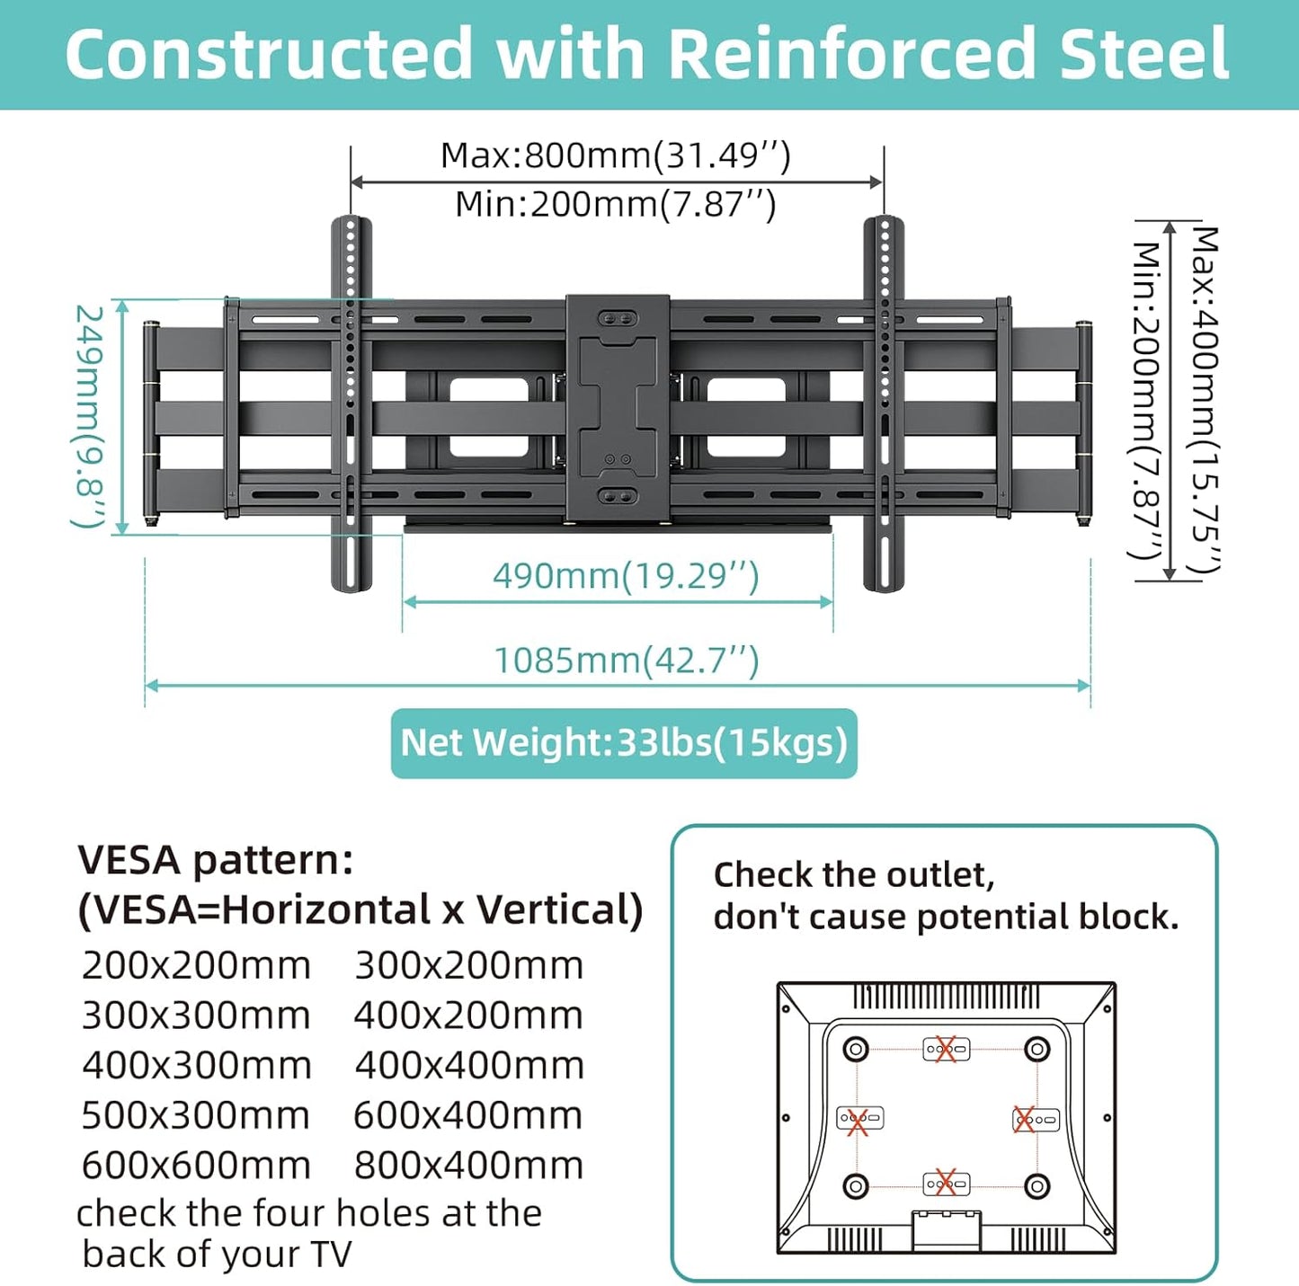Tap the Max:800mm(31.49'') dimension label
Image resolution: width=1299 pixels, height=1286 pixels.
(615, 155)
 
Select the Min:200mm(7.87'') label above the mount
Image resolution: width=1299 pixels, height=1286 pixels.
(615, 204)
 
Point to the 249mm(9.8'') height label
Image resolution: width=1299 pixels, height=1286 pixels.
(90, 416)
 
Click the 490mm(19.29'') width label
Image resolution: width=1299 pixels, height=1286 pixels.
(626, 575)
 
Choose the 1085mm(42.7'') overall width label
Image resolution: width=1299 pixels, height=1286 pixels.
(627, 661)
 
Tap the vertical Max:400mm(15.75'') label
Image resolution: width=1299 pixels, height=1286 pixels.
(1205, 400)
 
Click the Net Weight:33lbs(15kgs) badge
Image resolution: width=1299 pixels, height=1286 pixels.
(624, 743)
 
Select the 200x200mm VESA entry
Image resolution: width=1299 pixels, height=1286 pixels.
(196, 966)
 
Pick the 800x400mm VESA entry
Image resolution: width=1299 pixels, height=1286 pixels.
(468, 1166)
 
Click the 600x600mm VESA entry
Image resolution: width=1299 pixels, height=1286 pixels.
(196, 1166)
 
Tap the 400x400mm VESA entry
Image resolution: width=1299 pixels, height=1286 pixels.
(468, 1066)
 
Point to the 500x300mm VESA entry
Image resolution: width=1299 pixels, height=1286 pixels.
(196, 1115)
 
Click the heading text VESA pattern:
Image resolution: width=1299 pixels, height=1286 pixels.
(216, 860)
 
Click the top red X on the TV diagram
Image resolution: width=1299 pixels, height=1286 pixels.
(944, 1049)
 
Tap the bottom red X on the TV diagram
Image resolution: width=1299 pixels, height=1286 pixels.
(945, 1183)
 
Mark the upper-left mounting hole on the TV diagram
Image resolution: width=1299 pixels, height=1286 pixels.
(855, 1049)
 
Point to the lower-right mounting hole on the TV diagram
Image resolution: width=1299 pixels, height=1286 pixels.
(1037, 1185)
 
